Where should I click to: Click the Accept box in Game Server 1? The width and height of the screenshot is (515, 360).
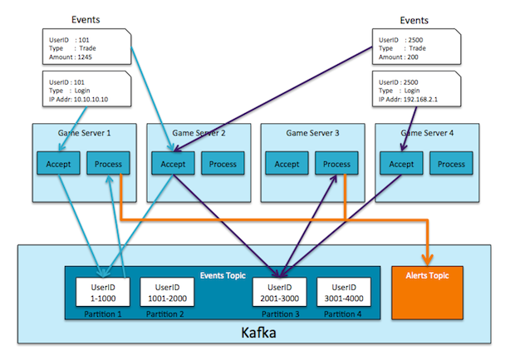click(58, 164)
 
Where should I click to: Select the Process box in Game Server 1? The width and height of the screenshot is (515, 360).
click(108, 164)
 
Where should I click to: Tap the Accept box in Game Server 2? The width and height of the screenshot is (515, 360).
click(172, 164)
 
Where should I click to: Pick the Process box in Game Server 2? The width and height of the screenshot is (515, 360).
click(222, 164)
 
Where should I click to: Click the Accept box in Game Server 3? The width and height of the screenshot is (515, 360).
click(287, 164)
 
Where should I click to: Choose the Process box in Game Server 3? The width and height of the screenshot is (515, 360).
click(336, 164)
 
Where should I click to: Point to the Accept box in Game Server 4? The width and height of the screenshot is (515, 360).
click(401, 164)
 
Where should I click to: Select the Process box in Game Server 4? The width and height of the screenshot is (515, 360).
click(451, 164)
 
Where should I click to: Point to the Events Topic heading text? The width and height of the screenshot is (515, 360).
click(223, 274)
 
